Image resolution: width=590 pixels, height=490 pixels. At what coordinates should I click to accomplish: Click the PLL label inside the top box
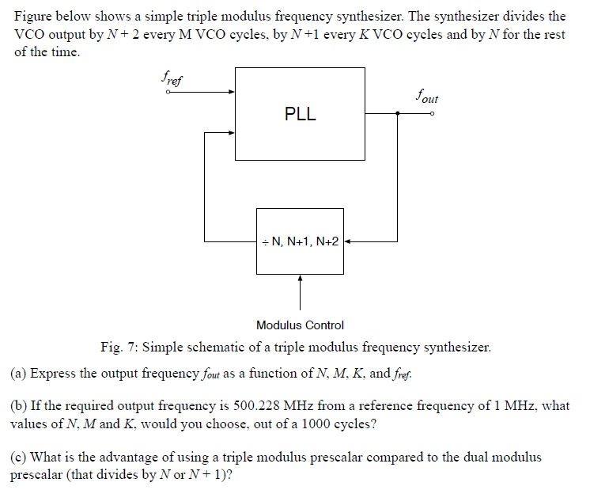[x=300, y=114]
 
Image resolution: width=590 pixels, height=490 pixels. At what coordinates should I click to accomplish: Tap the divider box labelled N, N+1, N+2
[x=300, y=241]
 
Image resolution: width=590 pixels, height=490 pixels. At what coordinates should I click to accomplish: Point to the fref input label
[x=170, y=78]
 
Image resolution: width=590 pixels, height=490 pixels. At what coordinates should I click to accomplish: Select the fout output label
[x=426, y=98]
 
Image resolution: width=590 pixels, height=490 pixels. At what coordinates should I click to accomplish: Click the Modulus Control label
[x=300, y=325]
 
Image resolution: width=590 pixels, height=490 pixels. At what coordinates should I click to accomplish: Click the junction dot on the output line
[x=398, y=113]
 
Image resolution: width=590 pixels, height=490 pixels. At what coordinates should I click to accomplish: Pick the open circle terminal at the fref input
[x=168, y=92]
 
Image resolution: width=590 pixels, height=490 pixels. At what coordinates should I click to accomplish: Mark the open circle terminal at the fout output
[x=432, y=113]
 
